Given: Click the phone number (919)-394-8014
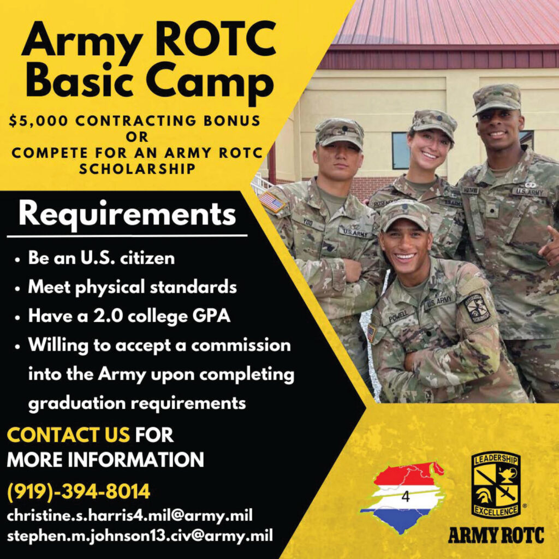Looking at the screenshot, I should (x=79, y=492).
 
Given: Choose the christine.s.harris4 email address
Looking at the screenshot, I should (x=129, y=515).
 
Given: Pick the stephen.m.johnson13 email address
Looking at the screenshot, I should (x=140, y=536).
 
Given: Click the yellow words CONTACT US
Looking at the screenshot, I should (x=68, y=436).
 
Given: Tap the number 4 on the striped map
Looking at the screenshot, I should (x=405, y=497).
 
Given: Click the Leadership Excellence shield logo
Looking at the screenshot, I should (x=495, y=485).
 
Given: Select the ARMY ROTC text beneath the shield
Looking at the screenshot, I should (x=496, y=536).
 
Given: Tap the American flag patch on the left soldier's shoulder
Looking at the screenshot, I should (x=272, y=202).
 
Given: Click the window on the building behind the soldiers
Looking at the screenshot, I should (x=400, y=151).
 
